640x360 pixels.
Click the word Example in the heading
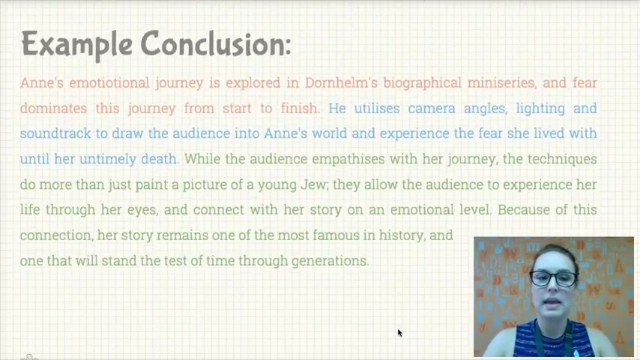(x=76, y=44)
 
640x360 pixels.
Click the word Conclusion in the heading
(x=216, y=43)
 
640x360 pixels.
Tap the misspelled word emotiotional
(x=109, y=83)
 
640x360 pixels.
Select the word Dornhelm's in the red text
(x=341, y=83)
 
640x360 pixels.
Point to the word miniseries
(x=501, y=83)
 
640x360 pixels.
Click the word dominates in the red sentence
(x=53, y=108)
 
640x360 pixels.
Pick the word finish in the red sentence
(x=299, y=108)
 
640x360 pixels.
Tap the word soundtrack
(x=55, y=133)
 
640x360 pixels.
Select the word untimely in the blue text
(x=108, y=159)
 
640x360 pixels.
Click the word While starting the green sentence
(x=202, y=159)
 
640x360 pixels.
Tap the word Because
(x=523, y=210)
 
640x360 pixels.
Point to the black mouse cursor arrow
(x=399, y=333)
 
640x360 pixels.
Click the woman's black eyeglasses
(x=554, y=278)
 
